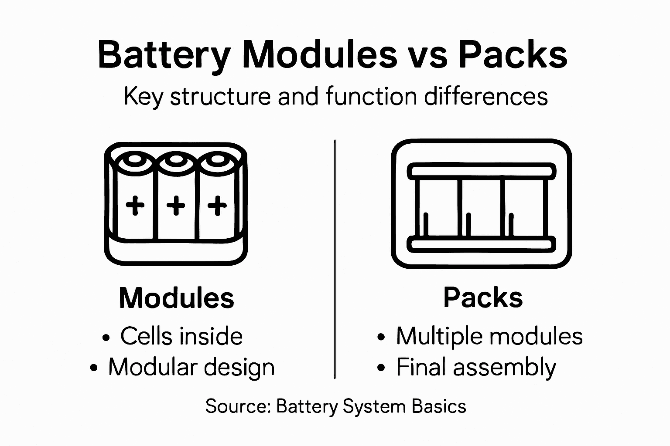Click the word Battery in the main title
point(164,55)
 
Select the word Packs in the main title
point(513,55)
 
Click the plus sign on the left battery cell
point(135,205)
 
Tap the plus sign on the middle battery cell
point(176,205)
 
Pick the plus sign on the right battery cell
point(217,205)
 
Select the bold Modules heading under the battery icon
point(176,298)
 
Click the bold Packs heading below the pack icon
point(483,298)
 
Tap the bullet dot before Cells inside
point(106,338)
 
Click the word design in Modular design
point(239,367)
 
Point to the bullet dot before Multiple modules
point(382,338)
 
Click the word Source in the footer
point(238,406)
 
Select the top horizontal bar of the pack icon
point(482,171)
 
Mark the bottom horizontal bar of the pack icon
point(482,244)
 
